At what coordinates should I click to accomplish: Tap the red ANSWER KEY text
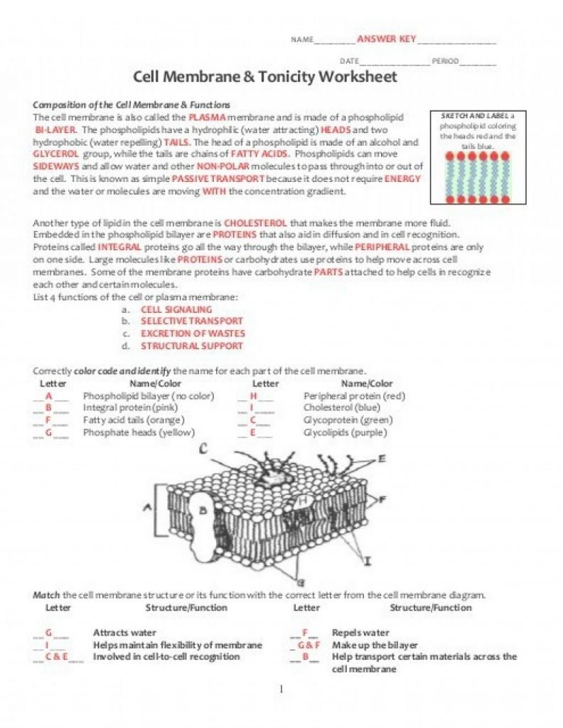pyautogui.click(x=386, y=38)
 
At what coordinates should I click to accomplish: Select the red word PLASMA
pyautogui.click(x=208, y=117)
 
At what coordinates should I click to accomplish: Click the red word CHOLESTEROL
pyautogui.click(x=254, y=223)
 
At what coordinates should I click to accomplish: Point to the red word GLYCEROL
pyautogui.click(x=56, y=154)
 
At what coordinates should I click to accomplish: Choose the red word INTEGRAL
pyautogui.click(x=120, y=247)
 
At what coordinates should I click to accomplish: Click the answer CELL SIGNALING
pyautogui.click(x=176, y=310)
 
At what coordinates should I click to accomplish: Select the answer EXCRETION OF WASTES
pyautogui.click(x=193, y=333)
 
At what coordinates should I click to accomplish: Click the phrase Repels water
pyautogui.click(x=360, y=633)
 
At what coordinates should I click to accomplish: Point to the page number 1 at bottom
pyautogui.click(x=281, y=689)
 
